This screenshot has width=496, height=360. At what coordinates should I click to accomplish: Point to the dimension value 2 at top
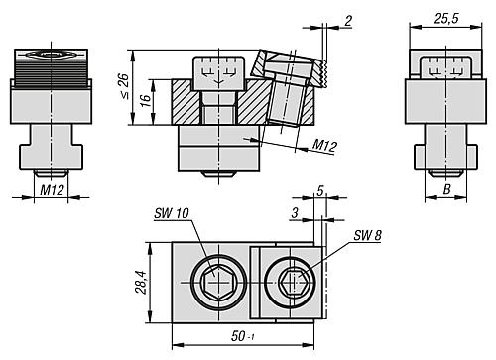(x=348, y=20)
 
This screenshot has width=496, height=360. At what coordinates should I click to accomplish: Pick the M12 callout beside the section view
(x=324, y=145)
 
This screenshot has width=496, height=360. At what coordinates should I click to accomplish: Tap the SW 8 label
(x=367, y=235)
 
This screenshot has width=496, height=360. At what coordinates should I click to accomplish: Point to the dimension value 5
(x=321, y=190)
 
